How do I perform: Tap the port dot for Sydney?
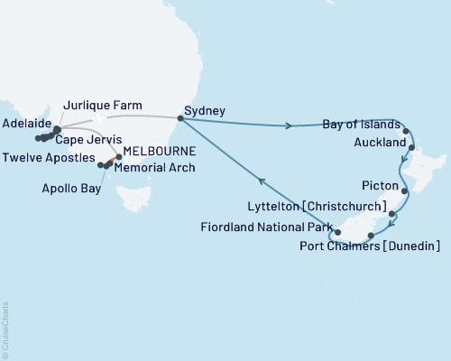pos(179,117)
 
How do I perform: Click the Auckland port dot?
pos(411,145)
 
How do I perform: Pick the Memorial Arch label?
pos(161,167)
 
